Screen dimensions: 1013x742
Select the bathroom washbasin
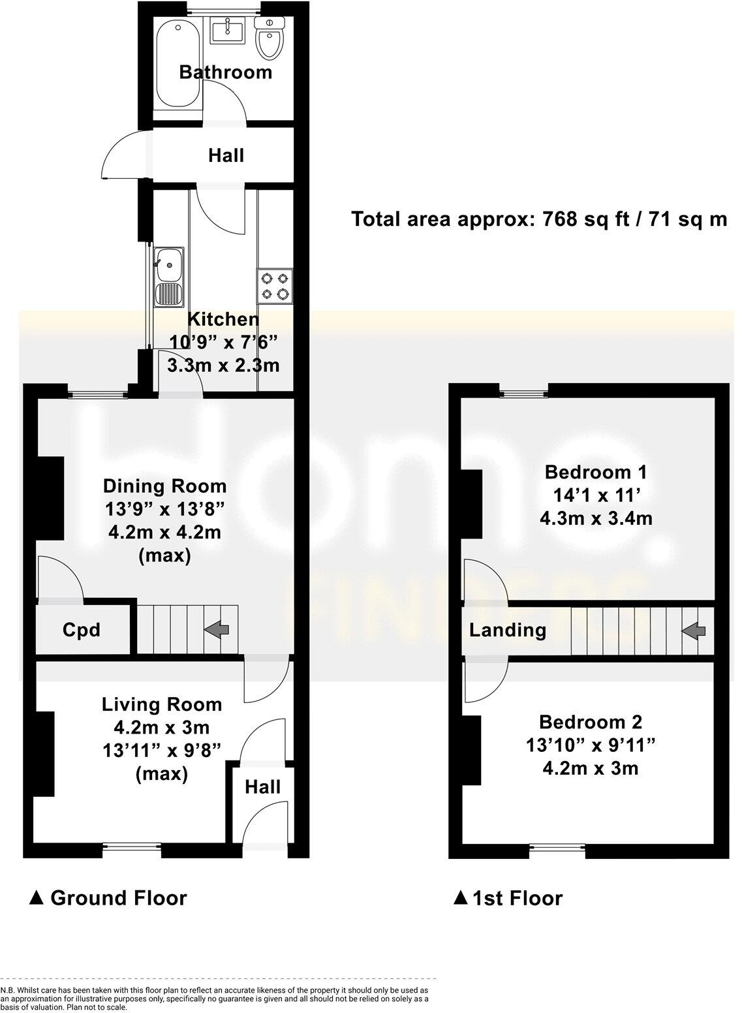click(x=227, y=30)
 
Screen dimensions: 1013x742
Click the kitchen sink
click(x=169, y=277)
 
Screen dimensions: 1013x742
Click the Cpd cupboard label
click(x=82, y=630)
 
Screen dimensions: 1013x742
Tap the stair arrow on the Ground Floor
click(x=217, y=629)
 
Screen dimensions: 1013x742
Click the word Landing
click(x=508, y=630)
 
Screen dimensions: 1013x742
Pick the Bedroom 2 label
click(x=591, y=722)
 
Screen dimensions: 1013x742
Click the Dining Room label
click(x=165, y=486)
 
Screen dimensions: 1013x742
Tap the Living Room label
click(x=162, y=704)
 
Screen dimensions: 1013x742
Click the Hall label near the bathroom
click(x=226, y=155)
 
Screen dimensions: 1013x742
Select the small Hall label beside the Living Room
click(x=263, y=787)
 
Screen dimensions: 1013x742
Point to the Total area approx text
click(x=539, y=219)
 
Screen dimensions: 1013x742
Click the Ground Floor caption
click(x=108, y=898)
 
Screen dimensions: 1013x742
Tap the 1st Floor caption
click(x=508, y=898)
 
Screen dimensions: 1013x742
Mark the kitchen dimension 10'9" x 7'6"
click(x=224, y=341)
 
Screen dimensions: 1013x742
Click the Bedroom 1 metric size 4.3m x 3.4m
click(x=596, y=518)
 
